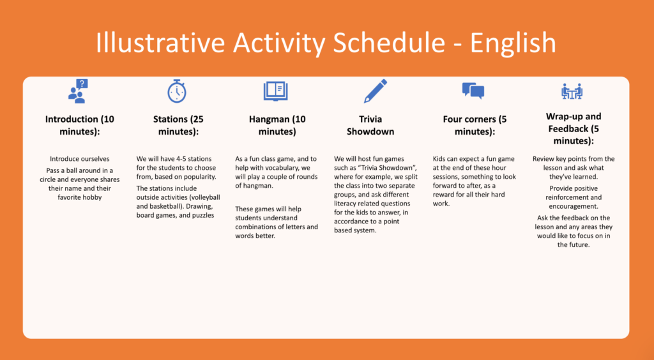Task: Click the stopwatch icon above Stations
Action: [177, 91]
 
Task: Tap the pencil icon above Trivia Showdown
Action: [376, 91]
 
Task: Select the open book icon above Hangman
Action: [276, 91]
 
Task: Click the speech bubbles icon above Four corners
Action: [473, 91]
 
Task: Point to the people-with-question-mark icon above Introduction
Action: [78, 91]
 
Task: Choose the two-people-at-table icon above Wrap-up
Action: [572, 91]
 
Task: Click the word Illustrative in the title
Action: [160, 43]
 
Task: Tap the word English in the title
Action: [513, 43]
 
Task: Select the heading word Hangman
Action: [269, 119]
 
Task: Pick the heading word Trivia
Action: [370, 119]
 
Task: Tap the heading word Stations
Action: [170, 119]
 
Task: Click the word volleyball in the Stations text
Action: [204, 197]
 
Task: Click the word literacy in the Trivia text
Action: [346, 204]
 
